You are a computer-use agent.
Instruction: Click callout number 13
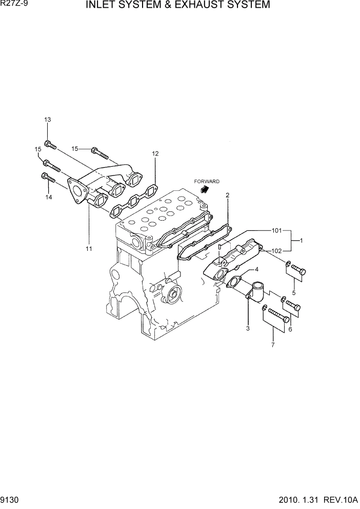tap(48, 120)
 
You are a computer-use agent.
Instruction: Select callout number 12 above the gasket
tap(155, 153)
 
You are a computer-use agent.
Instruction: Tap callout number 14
tap(49, 197)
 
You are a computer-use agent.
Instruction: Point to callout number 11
tap(89, 249)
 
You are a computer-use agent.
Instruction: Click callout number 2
tap(227, 195)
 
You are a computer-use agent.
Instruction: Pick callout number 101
tap(277, 230)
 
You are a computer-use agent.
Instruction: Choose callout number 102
tap(277, 251)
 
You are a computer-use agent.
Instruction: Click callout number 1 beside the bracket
tap(302, 240)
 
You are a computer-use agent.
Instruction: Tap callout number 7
tap(273, 344)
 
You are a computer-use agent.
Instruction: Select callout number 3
tap(248, 328)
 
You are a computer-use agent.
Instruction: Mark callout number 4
tap(256, 269)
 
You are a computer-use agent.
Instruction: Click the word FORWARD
tap(207, 182)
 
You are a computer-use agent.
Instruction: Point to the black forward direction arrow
tap(205, 189)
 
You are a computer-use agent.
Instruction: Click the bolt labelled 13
tap(50, 145)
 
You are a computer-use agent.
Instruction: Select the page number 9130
tap(11, 499)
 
